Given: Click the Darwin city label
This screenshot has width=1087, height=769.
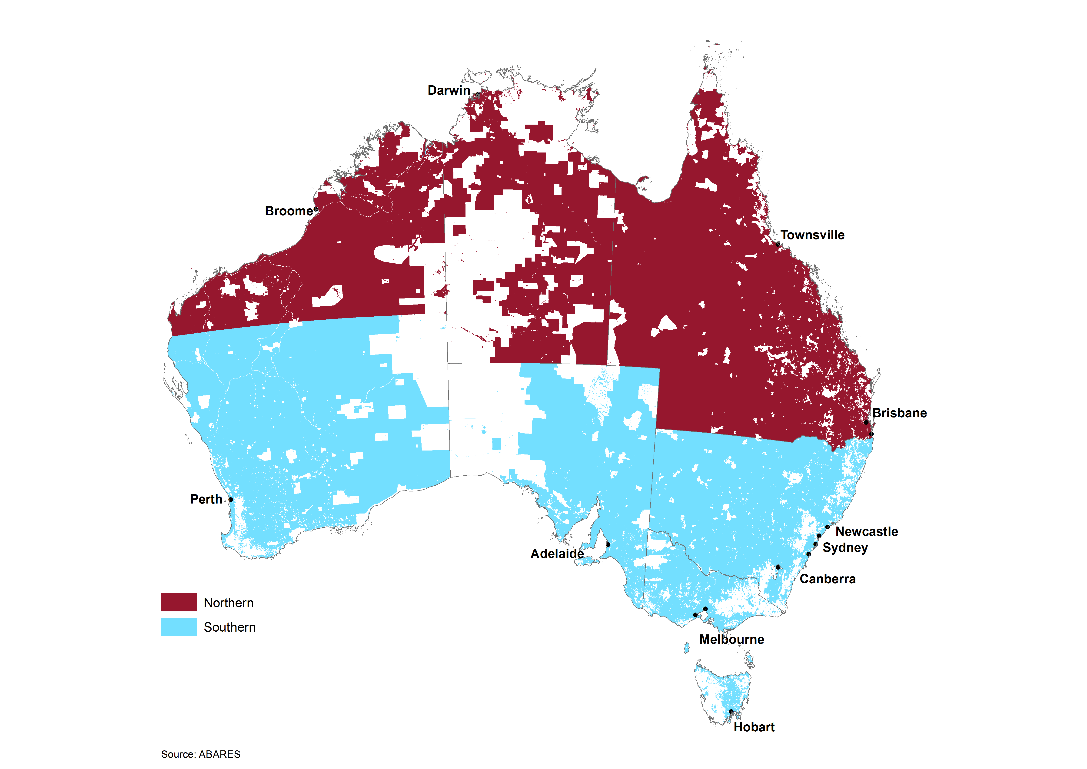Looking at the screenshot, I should pos(449,90).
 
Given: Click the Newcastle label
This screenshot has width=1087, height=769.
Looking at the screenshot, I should pos(866,532).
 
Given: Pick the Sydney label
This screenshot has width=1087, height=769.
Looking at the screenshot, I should pos(845,548).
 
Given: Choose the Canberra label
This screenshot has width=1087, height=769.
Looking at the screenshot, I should pos(828,579).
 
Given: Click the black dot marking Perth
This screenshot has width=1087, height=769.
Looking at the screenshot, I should pos(231,500).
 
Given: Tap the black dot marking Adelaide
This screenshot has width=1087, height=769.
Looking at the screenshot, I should pos(608,544).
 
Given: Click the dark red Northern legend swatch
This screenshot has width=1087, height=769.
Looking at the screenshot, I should pos(179,602).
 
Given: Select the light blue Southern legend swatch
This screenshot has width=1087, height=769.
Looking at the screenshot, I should pos(179,627).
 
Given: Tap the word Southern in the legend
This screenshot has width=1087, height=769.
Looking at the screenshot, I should pos(229,627).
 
